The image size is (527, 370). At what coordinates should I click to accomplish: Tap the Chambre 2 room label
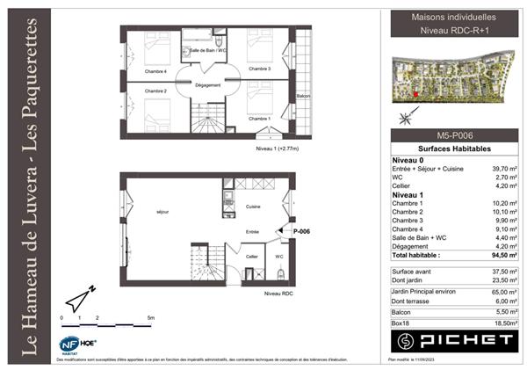(155, 91)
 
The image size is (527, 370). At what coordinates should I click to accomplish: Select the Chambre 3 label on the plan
(258, 69)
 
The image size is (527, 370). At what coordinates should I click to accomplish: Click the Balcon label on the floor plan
(304, 96)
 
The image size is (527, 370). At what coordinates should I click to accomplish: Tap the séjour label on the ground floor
(162, 212)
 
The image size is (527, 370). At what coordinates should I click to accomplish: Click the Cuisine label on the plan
(253, 207)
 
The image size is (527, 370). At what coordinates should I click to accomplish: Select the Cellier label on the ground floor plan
(251, 257)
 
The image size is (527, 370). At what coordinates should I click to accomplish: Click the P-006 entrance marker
(302, 231)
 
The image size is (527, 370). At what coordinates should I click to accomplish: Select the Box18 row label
(401, 323)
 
